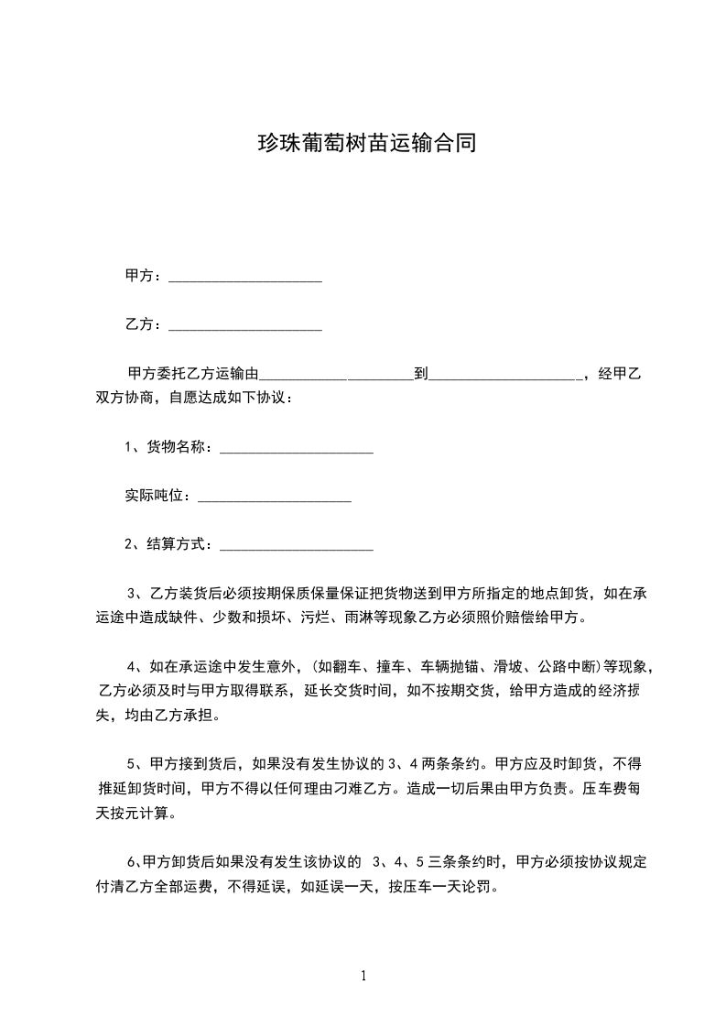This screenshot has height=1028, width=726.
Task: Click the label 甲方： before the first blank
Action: (143, 276)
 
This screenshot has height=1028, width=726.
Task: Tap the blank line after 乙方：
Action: (245, 327)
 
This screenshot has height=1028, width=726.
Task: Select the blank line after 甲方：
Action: (245, 279)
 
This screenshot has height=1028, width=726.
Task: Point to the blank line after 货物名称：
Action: (297, 451)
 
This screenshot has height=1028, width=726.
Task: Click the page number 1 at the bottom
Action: (363, 976)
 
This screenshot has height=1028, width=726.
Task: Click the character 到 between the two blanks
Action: (421, 375)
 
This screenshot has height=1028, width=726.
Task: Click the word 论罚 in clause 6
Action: (479, 886)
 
